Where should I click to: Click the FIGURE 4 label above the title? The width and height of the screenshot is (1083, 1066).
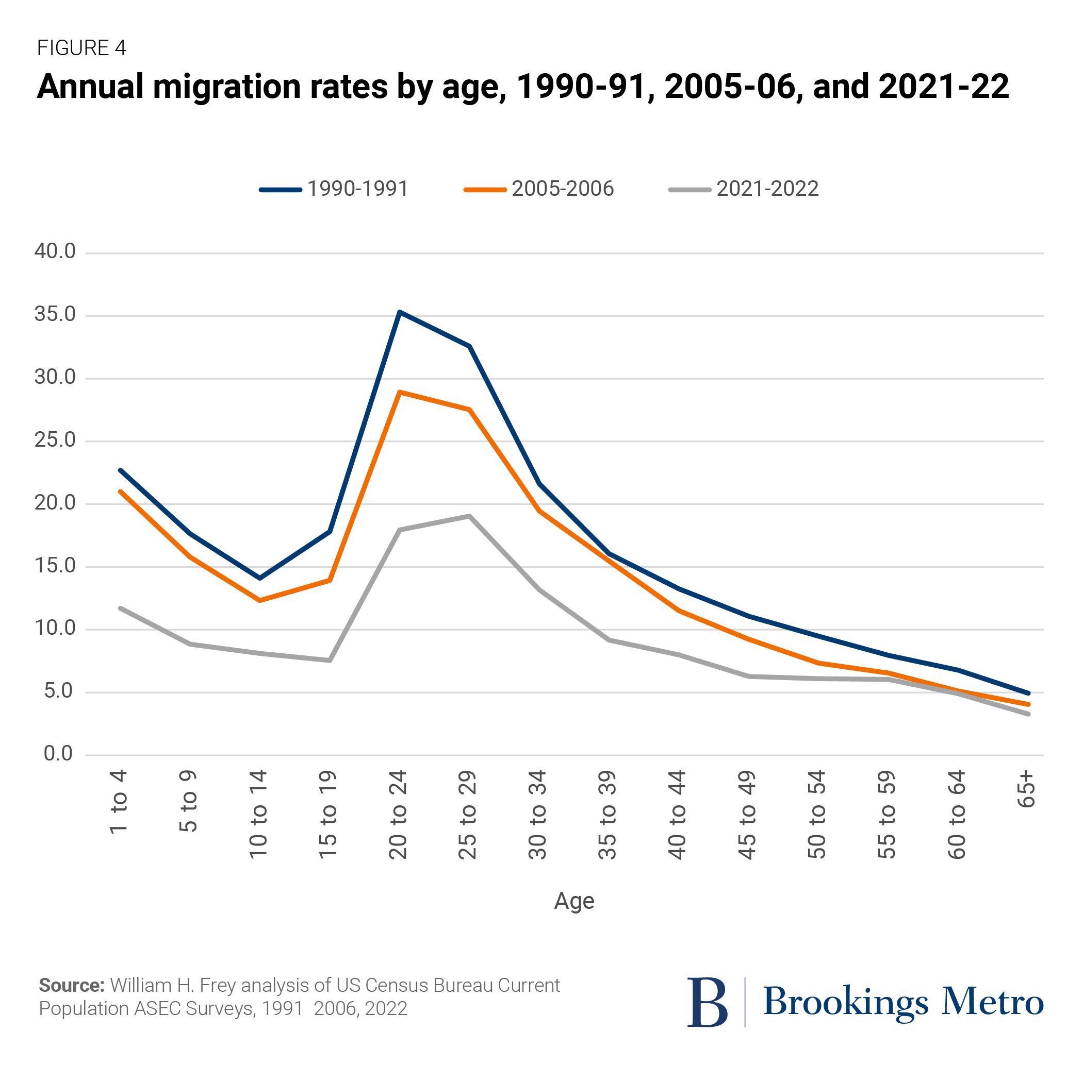coord(81,48)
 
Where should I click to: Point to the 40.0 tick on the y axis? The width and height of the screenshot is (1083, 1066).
coord(54,251)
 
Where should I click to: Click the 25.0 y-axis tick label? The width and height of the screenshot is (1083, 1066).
coord(54,440)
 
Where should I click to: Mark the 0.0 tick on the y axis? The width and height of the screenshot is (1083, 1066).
coord(58,754)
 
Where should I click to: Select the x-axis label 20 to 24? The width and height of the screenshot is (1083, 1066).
coord(398,815)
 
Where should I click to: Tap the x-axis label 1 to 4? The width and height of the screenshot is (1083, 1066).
coord(119,802)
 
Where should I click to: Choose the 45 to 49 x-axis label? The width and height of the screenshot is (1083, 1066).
coord(747,815)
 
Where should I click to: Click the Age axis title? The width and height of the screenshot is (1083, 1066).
coord(573,901)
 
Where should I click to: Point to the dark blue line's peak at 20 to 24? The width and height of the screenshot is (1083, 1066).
coord(399,312)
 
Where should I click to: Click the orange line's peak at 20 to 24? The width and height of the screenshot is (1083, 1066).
coord(399,392)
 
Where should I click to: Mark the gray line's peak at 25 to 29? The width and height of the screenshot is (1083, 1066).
coord(469,516)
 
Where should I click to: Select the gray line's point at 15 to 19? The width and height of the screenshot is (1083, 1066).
coord(330,661)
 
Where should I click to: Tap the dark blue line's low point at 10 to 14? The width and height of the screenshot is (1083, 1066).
coord(259,578)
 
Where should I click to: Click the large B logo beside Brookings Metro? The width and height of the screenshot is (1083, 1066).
coord(707,1002)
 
